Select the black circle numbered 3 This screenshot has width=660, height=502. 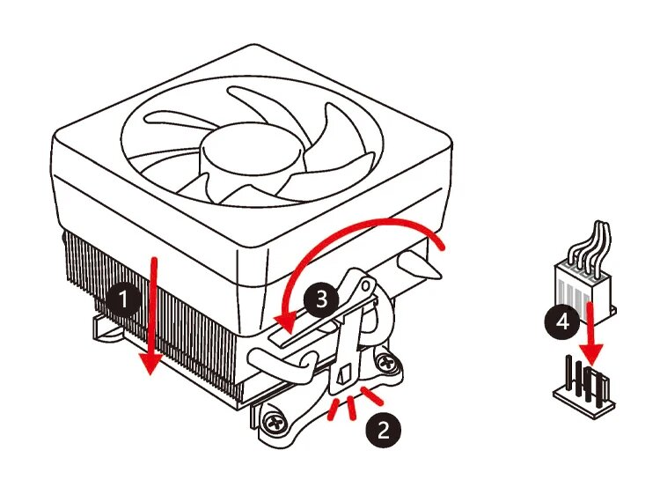[320, 299]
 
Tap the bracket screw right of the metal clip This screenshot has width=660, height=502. [386, 361]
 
